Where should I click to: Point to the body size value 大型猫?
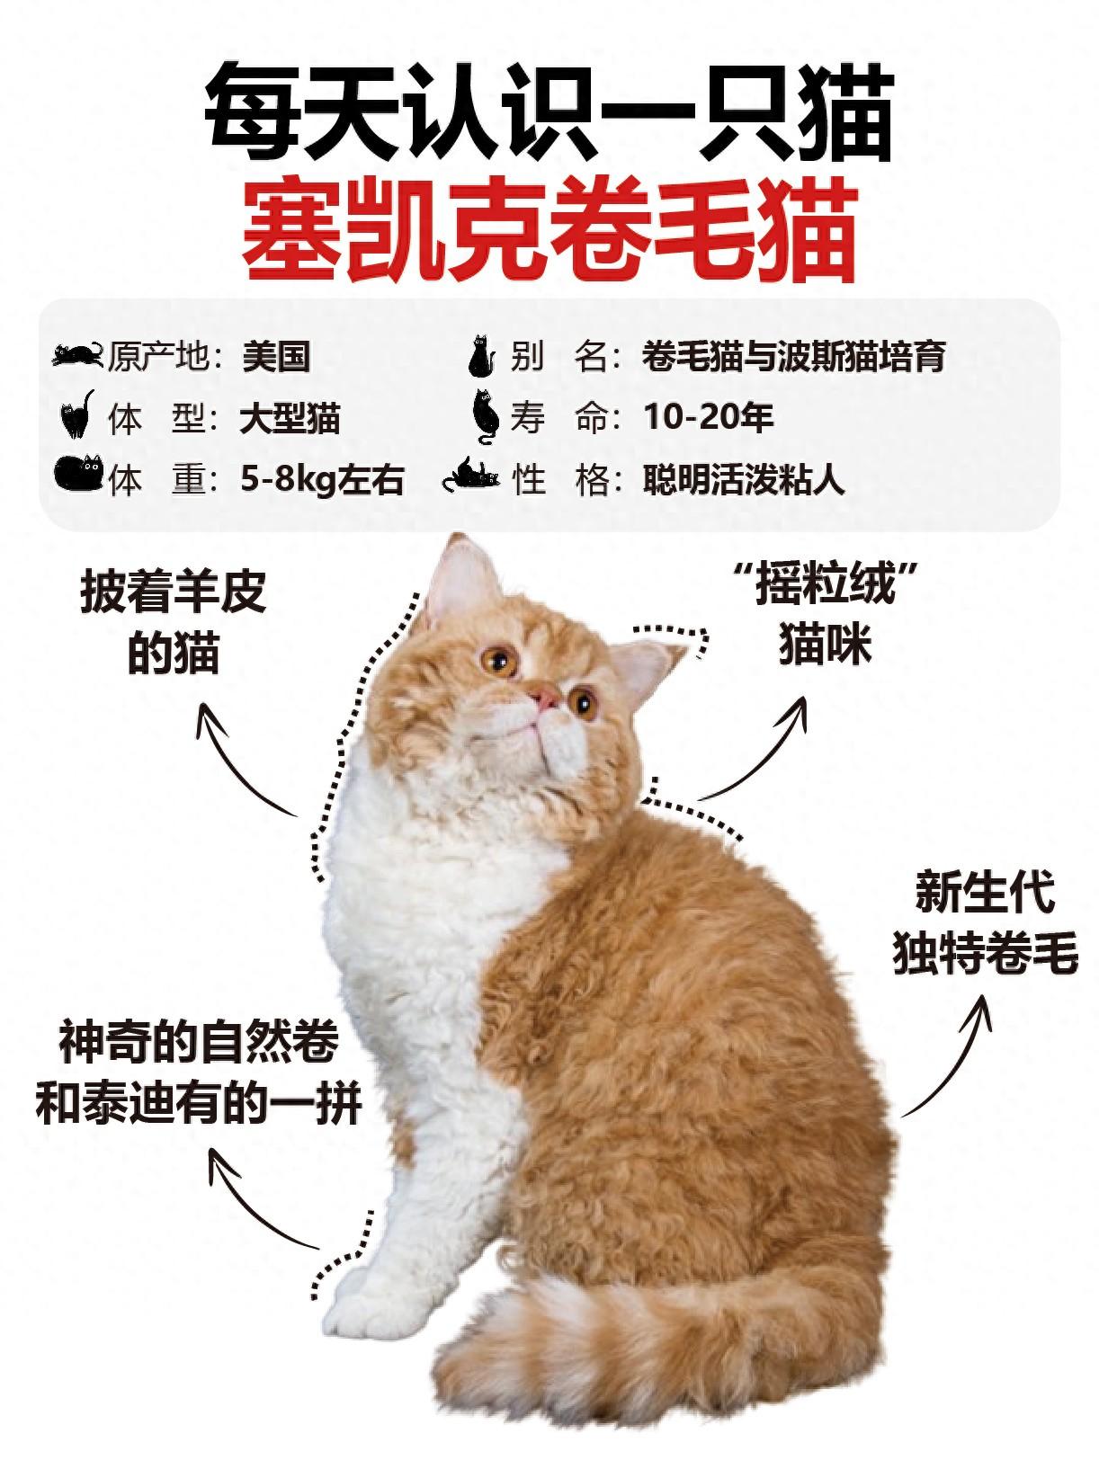click(290, 418)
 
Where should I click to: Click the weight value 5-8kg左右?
click(323, 479)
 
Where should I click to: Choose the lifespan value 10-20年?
click(709, 418)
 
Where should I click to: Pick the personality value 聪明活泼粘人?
click(745, 479)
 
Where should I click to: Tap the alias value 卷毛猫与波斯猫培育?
click(794, 357)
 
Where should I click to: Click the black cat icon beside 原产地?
click(77, 354)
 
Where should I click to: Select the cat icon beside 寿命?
click(487, 417)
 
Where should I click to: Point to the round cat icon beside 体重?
click(79, 473)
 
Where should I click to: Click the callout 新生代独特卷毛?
click(986, 925)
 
